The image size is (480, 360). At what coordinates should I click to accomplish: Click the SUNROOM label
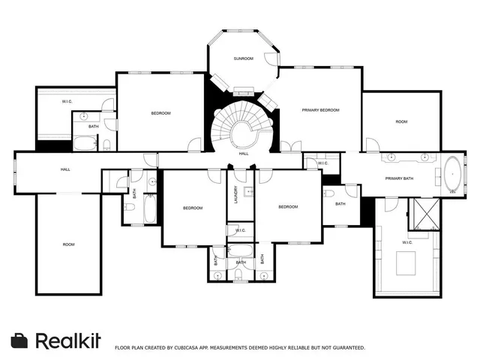pos(243,58)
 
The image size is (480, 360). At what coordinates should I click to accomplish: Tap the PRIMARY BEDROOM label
pos(320,110)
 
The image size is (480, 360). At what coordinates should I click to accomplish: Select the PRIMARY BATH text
pos(399,178)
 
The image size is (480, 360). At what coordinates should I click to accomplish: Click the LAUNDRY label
pos(235,193)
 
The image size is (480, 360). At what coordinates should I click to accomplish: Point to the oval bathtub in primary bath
pos(453,175)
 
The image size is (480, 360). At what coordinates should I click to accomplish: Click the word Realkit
pos(68,340)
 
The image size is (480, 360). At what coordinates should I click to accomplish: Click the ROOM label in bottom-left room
pos(68,244)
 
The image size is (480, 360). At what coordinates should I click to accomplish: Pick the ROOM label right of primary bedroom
pos(401,121)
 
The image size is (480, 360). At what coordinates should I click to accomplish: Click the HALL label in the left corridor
pos(65,170)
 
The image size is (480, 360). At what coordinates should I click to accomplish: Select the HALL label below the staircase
pos(244,154)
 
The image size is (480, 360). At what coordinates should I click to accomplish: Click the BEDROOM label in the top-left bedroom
pos(160,113)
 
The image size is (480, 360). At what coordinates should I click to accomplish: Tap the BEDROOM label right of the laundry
pos(288,207)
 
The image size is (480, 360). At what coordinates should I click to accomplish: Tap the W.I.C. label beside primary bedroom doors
pos(322,163)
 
